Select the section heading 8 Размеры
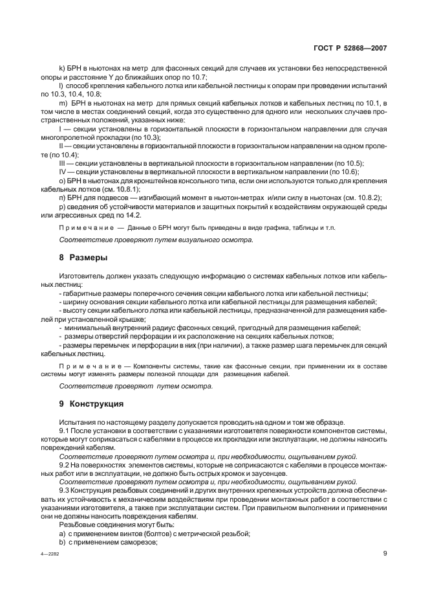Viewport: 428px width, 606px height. pos(83,258)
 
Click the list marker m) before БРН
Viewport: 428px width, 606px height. pos(63,104)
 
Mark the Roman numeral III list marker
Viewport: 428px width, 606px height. pos(63,164)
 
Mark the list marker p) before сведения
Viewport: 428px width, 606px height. pos(62,207)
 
